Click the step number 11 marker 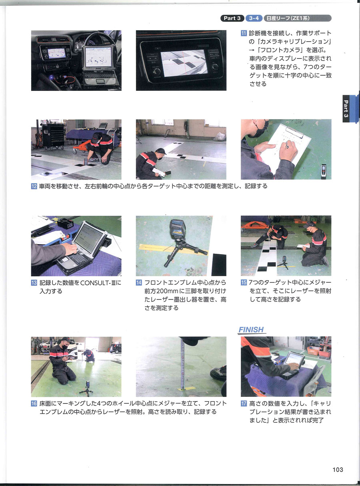tap(244, 33)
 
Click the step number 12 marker tap(34, 187)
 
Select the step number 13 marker tap(34, 283)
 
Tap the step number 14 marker tap(139, 283)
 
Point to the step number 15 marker tap(244, 283)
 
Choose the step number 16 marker tap(34, 404)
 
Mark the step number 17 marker tap(244, 404)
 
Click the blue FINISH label tap(251, 330)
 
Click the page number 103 tap(338, 470)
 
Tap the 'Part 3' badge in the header tap(232, 18)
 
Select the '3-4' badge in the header tap(254, 18)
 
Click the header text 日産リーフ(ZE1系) tap(288, 18)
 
